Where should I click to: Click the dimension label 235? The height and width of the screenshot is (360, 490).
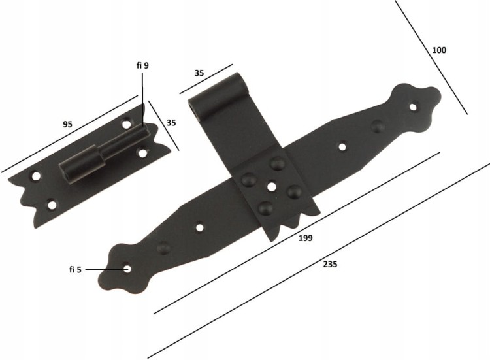click(330, 265)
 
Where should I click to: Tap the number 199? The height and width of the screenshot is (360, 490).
click(305, 238)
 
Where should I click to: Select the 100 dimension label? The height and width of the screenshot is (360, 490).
click(439, 50)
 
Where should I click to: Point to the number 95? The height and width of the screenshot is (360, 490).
click(67, 124)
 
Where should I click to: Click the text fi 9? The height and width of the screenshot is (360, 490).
click(142, 65)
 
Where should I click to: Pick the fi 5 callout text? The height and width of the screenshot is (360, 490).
click(75, 269)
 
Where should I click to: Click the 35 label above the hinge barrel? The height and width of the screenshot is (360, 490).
click(199, 73)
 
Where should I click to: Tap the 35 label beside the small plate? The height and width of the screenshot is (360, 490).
click(171, 123)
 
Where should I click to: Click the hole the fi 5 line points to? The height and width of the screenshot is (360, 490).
click(127, 269)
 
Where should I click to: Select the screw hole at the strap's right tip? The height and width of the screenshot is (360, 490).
click(414, 107)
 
